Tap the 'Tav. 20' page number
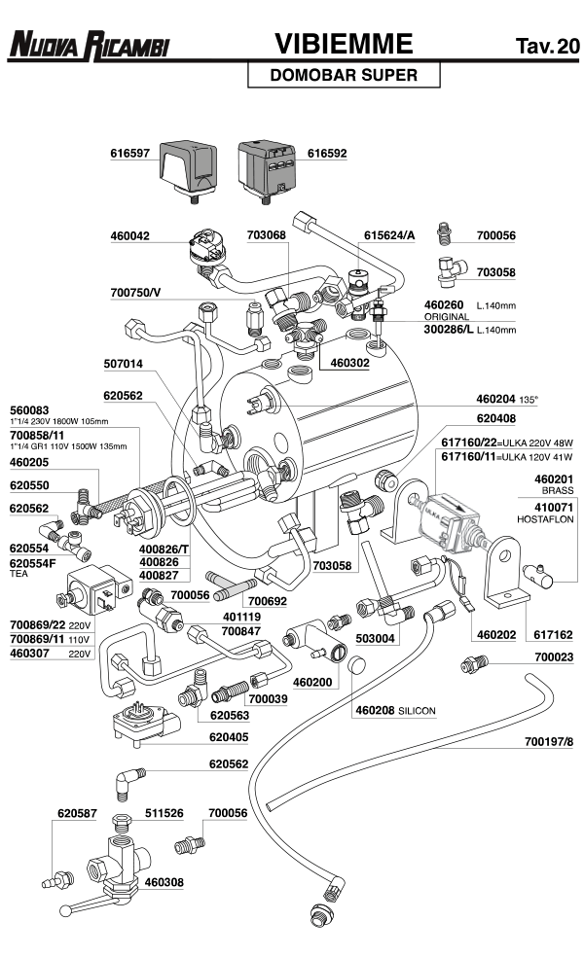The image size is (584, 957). (x=545, y=46)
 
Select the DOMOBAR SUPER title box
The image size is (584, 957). (x=343, y=75)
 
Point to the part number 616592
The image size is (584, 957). (x=327, y=153)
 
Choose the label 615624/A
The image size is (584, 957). (x=389, y=235)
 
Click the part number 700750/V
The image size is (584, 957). (x=136, y=292)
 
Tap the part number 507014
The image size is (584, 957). (x=123, y=364)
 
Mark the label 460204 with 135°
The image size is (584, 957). (x=506, y=399)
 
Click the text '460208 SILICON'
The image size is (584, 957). (x=395, y=711)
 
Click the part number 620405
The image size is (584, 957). (x=230, y=737)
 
